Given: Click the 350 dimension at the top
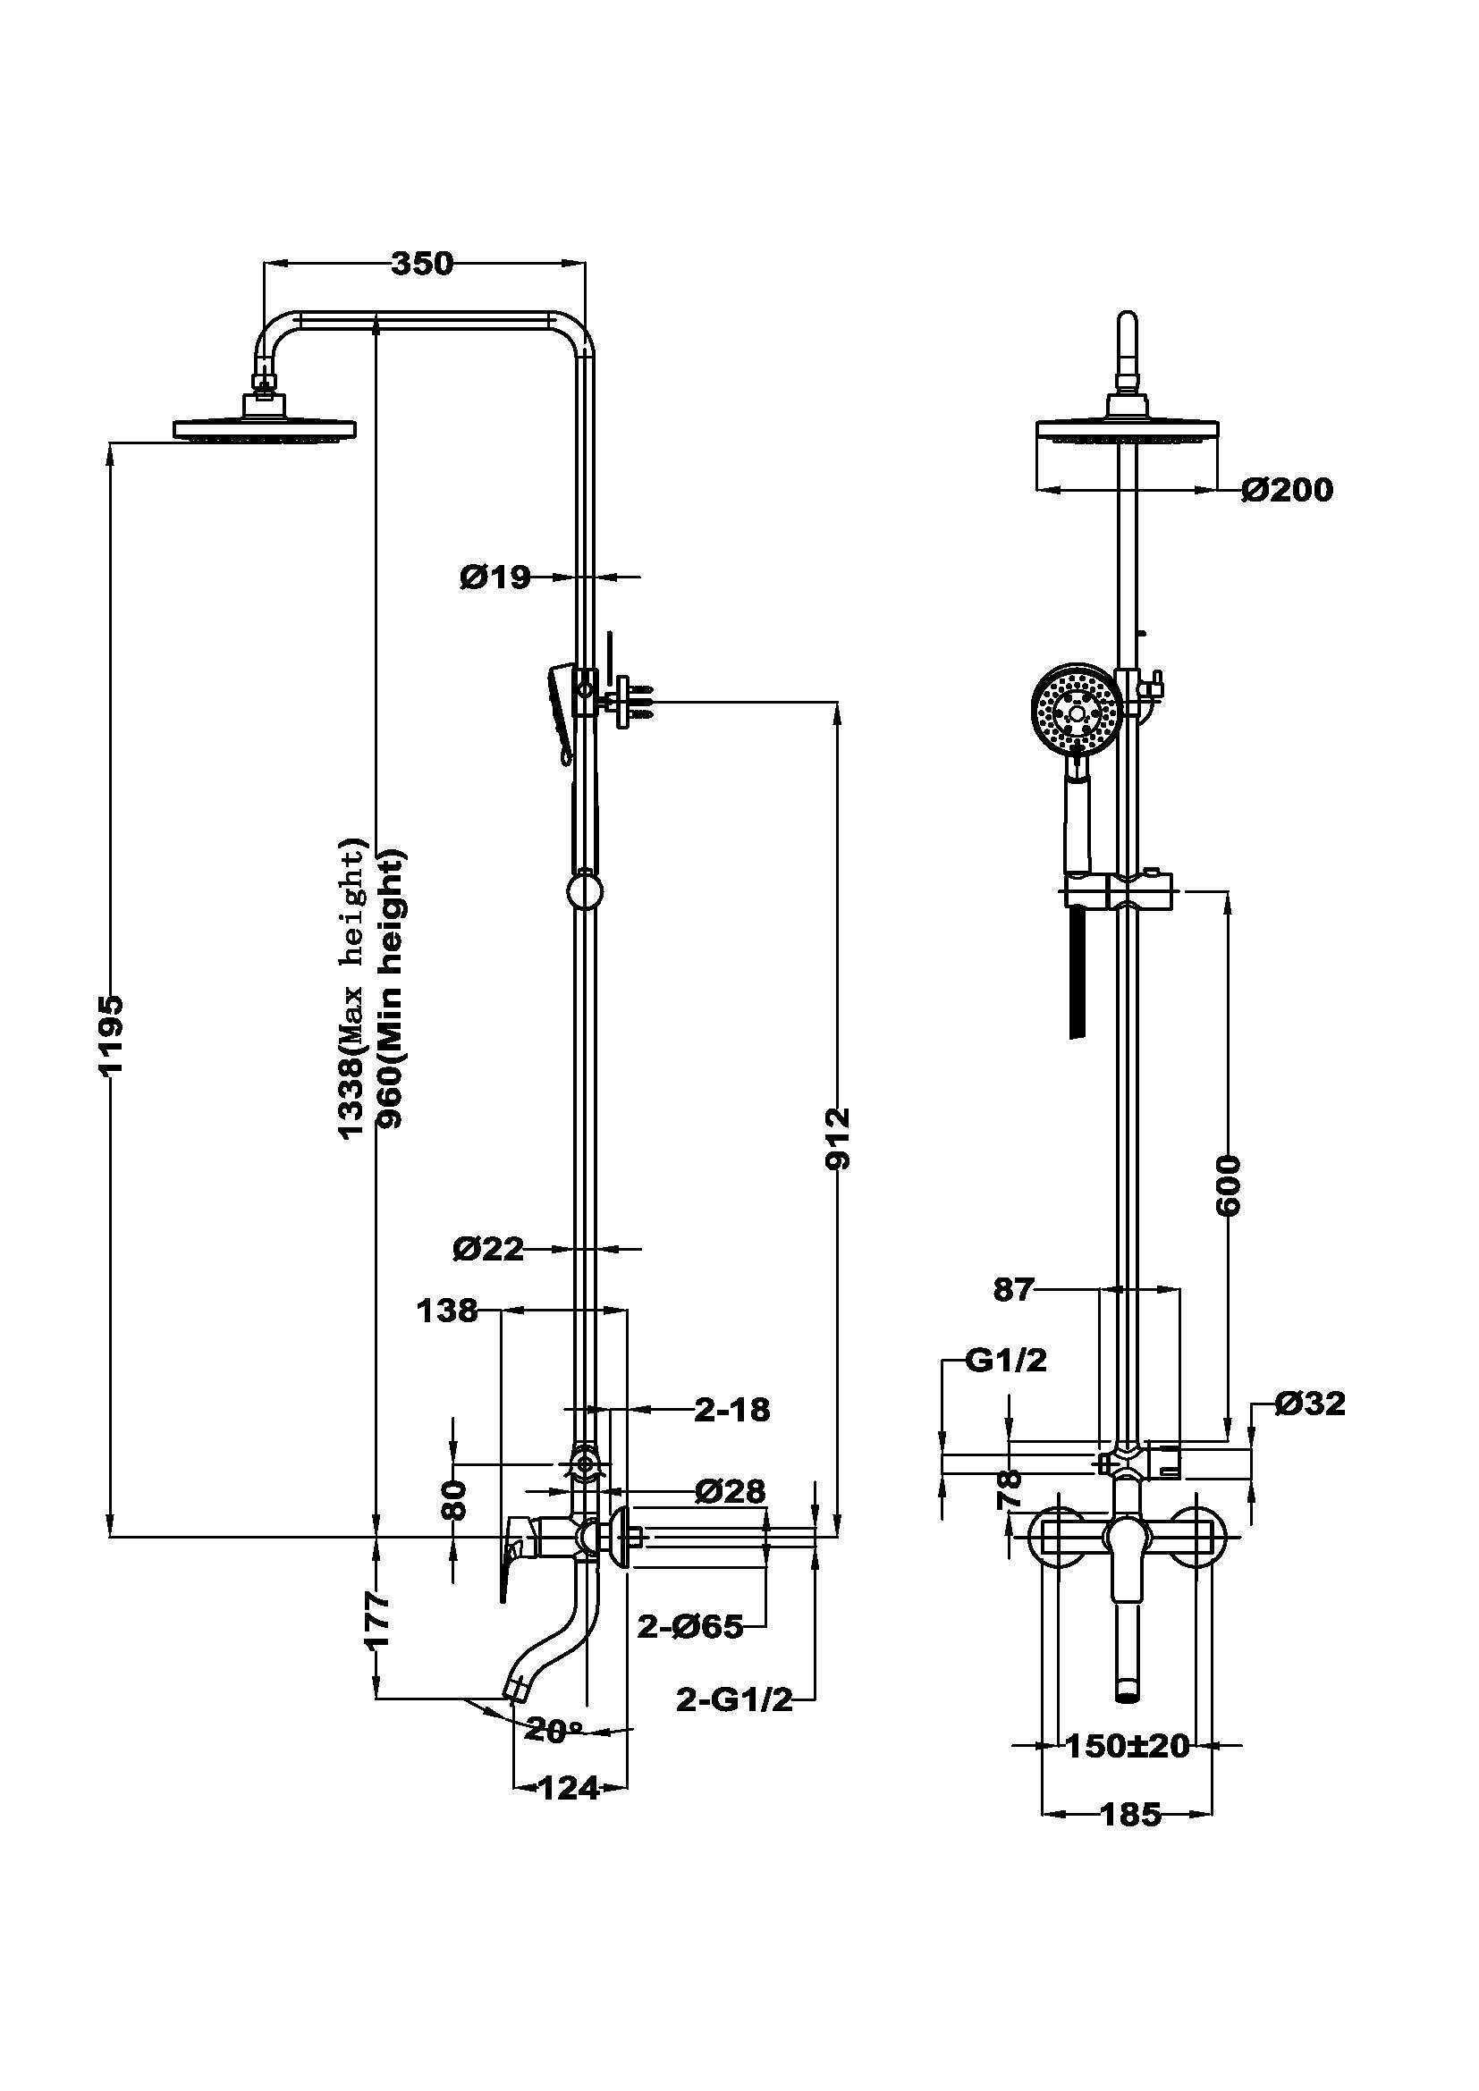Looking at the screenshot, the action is coord(422,263).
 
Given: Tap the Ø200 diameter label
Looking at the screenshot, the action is coord(1287,490).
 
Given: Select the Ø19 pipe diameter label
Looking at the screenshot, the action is coord(495,577).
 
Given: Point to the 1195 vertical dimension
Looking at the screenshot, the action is coord(111,1035).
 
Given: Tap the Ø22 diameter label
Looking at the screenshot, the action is coord(489,1249).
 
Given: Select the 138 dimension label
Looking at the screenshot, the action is coord(447,1311).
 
